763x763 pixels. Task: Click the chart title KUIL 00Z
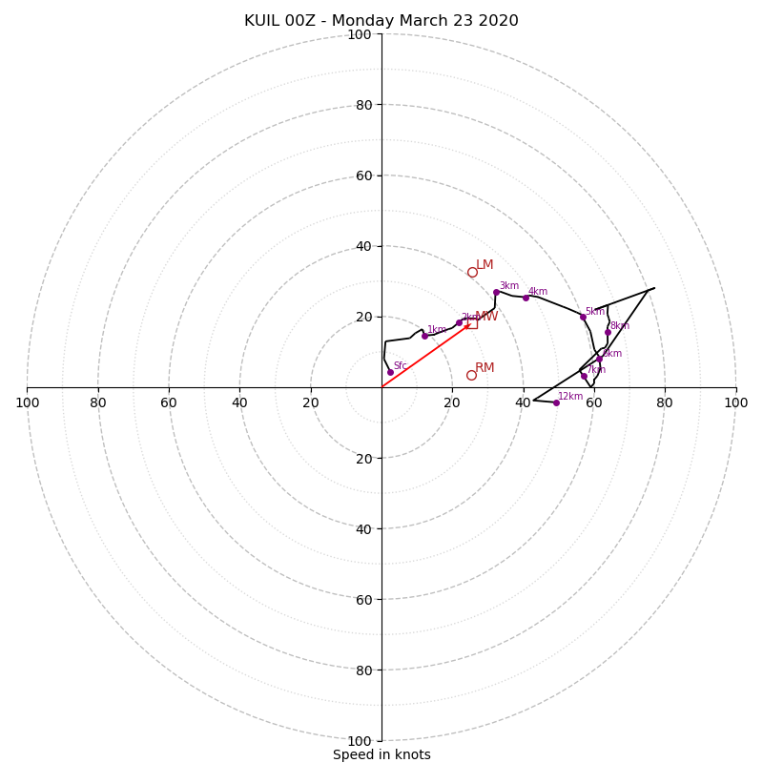(381, 21)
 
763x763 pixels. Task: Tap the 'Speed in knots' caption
(381, 754)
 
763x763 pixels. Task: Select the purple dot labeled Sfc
(390, 372)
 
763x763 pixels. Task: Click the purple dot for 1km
(424, 336)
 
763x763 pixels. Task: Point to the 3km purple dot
(496, 292)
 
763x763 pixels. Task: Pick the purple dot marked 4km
(526, 298)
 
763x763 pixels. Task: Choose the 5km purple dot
(583, 317)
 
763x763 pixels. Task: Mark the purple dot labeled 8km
(608, 333)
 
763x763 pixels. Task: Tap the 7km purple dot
(584, 376)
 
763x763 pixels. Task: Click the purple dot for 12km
(556, 402)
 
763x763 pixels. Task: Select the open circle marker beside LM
(472, 272)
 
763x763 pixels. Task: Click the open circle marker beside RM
(471, 375)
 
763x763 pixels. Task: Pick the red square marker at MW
(471, 323)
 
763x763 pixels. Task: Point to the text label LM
(485, 265)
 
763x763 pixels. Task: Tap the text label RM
(485, 368)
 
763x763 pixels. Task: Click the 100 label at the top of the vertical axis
(360, 34)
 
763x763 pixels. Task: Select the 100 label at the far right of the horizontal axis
(736, 402)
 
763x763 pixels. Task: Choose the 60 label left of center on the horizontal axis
(169, 402)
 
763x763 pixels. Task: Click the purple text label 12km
(570, 397)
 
